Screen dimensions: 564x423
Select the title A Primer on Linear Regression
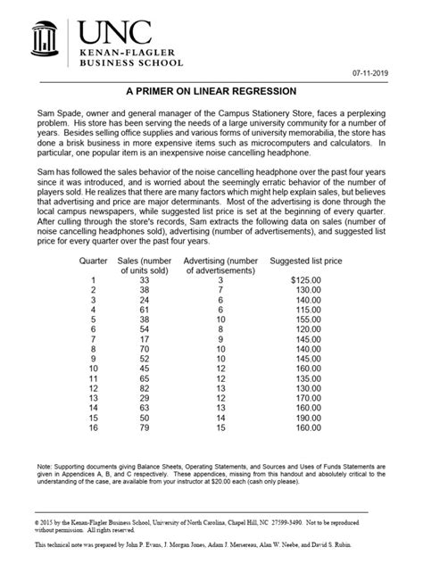[x=211, y=93]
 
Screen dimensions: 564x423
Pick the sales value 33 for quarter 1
[x=145, y=279]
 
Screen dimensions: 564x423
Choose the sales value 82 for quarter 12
[x=145, y=386]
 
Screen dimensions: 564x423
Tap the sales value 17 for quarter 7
[x=145, y=338]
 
